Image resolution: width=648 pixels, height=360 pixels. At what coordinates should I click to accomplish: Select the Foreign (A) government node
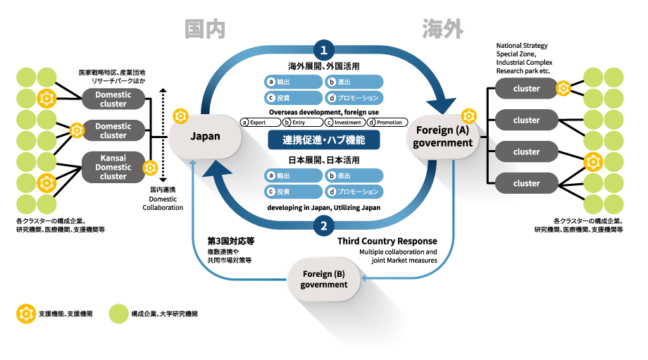click(444, 137)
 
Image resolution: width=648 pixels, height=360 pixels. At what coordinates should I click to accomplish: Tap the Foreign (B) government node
click(324, 279)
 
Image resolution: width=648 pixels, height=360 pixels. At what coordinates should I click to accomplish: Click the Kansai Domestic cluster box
click(113, 168)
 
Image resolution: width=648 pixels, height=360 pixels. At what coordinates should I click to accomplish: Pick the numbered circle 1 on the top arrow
click(323, 50)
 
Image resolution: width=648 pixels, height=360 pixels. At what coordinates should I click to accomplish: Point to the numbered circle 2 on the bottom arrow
click(323, 226)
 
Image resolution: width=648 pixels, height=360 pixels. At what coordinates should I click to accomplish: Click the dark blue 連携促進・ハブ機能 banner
click(324, 140)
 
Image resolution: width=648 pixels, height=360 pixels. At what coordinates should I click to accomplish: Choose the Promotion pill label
click(387, 123)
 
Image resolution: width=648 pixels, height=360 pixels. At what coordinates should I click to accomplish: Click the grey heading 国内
click(204, 28)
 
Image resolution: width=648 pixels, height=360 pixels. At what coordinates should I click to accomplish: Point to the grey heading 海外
click(443, 28)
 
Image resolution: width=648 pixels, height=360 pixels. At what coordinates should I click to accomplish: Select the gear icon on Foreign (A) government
click(468, 116)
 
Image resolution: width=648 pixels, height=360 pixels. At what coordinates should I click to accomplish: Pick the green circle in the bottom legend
click(119, 313)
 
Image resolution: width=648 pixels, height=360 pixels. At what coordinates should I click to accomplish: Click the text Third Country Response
click(387, 241)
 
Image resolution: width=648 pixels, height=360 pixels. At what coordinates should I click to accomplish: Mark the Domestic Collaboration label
click(163, 203)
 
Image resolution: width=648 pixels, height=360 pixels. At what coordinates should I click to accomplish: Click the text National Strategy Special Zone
click(521, 50)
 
